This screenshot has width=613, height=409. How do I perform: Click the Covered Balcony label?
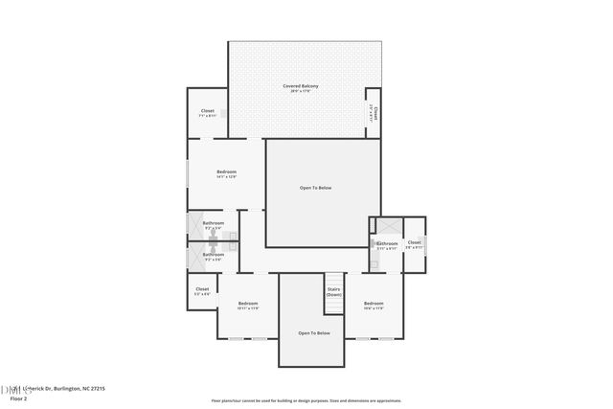pyautogui.click(x=300, y=86)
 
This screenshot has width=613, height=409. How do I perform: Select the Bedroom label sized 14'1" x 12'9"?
pyautogui.click(x=226, y=171)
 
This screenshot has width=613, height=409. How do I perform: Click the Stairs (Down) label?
pyautogui.click(x=333, y=291)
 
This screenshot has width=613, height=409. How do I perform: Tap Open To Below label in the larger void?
pyautogui.click(x=315, y=188)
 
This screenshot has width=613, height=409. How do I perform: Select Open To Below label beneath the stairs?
pyautogui.click(x=313, y=332)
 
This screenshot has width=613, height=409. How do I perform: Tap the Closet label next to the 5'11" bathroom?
pyautogui.click(x=414, y=242)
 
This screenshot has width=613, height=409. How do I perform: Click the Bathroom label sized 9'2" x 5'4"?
pyautogui.click(x=213, y=223)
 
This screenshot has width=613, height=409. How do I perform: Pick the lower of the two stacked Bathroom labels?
pyautogui.click(x=213, y=254)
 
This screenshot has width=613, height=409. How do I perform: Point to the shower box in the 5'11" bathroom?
pyautogui.click(x=388, y=226)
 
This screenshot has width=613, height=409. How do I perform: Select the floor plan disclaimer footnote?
pyautogui.click(x=306, y=400)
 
